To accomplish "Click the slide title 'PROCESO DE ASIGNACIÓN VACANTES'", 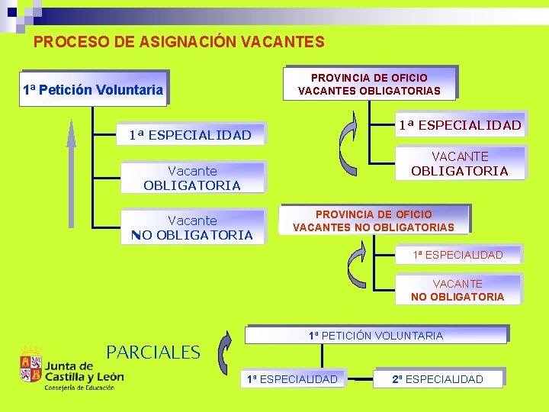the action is click(178, 43).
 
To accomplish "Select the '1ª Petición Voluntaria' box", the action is click(93, 90).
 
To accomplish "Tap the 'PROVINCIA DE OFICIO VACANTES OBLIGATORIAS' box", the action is click(369, 84).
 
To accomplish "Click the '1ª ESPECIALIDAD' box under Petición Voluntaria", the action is click(190, 135).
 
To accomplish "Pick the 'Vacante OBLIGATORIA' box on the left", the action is click(192, 178).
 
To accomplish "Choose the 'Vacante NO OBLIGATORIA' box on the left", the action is click(192, 227).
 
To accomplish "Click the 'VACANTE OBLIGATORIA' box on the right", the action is click(459, 164).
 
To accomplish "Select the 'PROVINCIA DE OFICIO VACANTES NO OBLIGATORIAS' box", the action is click(374, 221).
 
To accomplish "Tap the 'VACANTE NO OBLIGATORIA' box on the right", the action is click(457, 290).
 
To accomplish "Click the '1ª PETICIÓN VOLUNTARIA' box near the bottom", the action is click(375, 336).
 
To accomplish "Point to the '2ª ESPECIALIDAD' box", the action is click(438, 379).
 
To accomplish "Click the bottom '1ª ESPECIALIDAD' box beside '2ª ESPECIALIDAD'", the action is click(291, 379).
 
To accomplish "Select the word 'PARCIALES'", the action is click(152, 352).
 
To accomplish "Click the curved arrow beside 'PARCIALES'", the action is click(224, 353).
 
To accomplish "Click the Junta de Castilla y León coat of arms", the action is click(30, 365).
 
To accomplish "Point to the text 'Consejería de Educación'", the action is click(79, 387).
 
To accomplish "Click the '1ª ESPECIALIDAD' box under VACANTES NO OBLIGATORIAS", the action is click(457, 255).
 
